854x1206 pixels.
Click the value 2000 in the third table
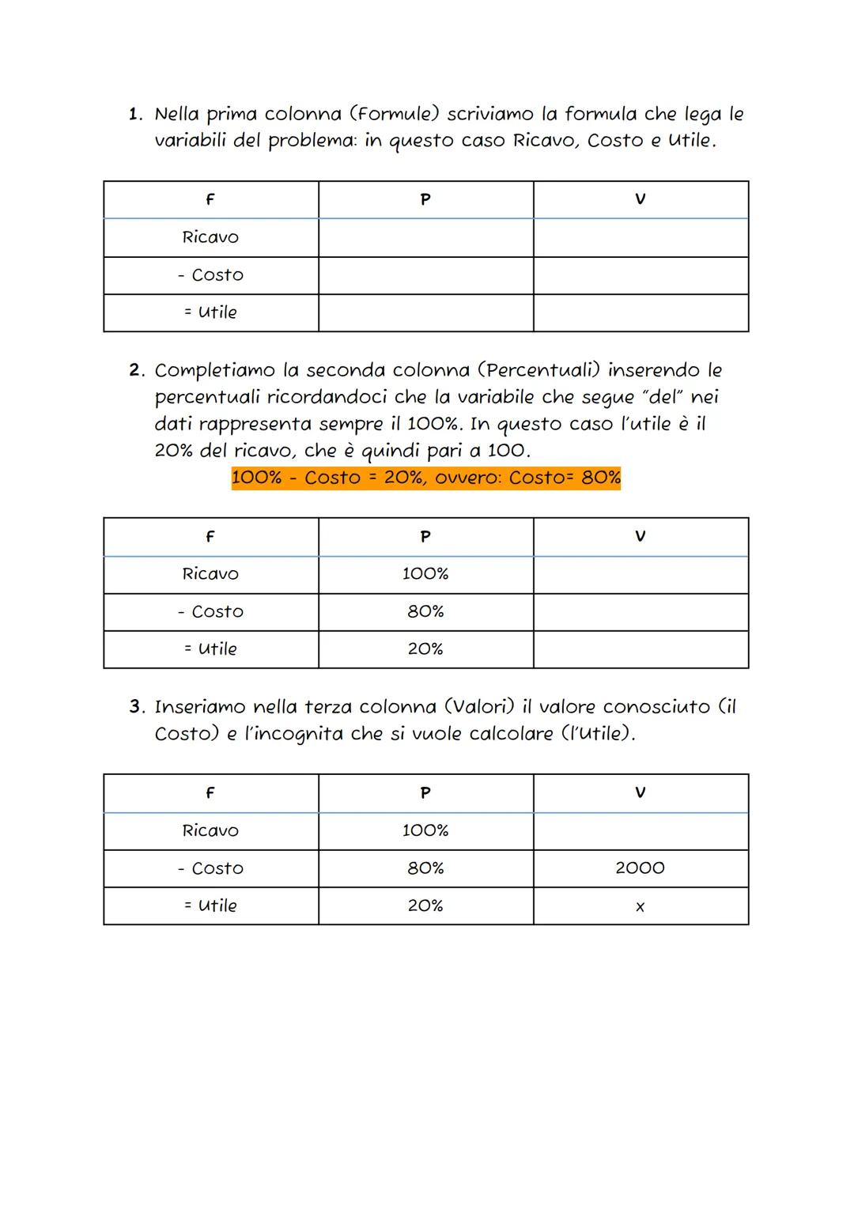coord(640,868)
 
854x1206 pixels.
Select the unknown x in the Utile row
coord(640,907)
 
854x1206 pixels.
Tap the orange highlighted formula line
coord(425,478)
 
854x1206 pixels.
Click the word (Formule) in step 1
coord(393,114)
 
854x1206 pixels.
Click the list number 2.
coord(137,370)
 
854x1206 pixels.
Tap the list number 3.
coord(137,706)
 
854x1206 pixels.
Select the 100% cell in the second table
coord(425,573)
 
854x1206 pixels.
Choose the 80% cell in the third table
coord(425,868)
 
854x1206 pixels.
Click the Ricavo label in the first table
coord(210,237)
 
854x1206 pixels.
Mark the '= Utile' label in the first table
coord(210,312)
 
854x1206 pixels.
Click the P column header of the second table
coord(425,537)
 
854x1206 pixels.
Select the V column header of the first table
coord(640,199)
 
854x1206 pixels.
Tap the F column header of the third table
coord(210,792)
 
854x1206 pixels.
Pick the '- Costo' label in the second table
coord(210,611)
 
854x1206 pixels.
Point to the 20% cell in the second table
coord(425,648)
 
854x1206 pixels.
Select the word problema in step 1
coord(310,142)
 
